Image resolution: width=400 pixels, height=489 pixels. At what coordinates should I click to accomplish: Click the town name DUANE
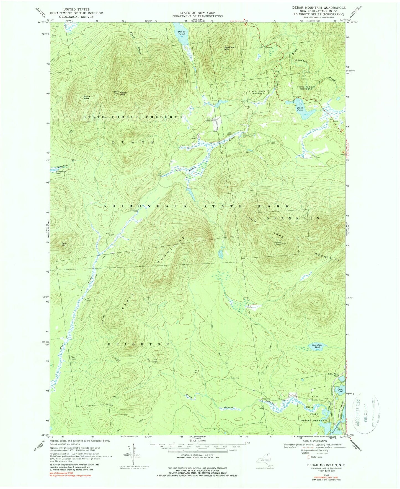[x=133, y=142]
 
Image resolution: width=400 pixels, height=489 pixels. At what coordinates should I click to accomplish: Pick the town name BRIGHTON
[x=138, y=344]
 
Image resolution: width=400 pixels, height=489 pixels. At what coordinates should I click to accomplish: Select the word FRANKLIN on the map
[x=293, y=218]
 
